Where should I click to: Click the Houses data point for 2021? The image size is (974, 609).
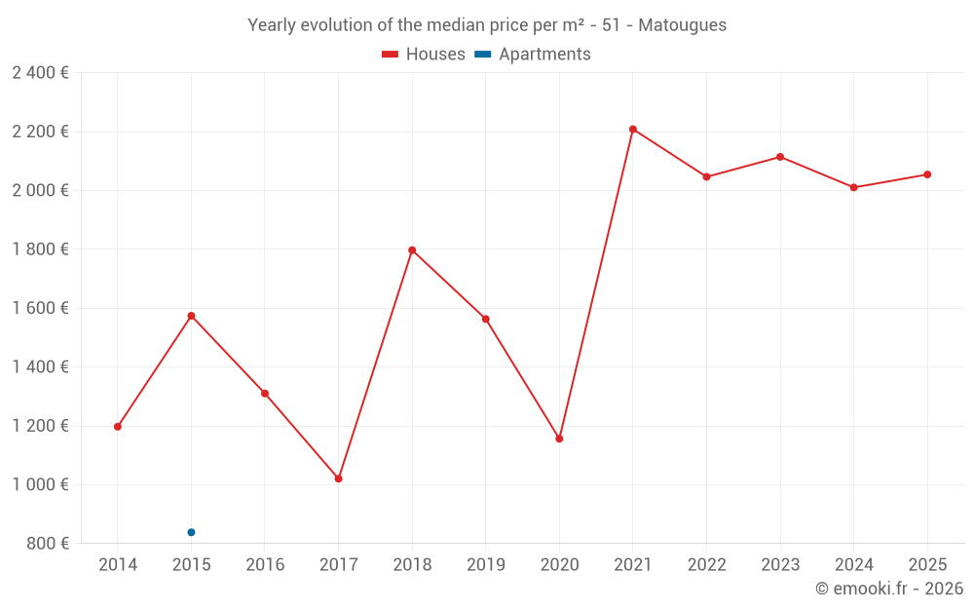(x=632, y=130)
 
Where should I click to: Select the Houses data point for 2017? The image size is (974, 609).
(x=338, y=478)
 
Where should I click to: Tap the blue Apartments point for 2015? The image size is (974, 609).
(x=191, y=532)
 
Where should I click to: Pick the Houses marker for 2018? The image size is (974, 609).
(x=412, y=250)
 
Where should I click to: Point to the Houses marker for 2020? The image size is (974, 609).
(x=559, y=438)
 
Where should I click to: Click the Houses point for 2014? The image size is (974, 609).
(x=118, y=427)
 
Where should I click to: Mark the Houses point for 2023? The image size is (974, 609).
(x=780, y=157)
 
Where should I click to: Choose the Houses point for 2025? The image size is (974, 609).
(x=927, y=174)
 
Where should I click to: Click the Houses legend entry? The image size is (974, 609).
(x=424, y=55)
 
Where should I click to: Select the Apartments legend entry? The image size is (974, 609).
(x=533, y=55)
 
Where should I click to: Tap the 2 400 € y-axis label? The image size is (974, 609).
(x=40, y=73)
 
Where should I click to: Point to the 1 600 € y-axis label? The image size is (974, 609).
(x=40, y=308)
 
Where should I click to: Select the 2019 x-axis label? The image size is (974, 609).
(x=485, y=565)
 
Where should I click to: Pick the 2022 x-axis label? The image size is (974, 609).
(x=706, y=565)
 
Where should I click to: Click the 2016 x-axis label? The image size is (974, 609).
(x=265, y=565)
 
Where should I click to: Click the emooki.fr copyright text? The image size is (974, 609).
(x=889, y=589)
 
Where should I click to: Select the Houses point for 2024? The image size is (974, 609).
(x=853, y=187)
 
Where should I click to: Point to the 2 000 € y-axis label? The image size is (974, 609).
(x=40, y=190)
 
